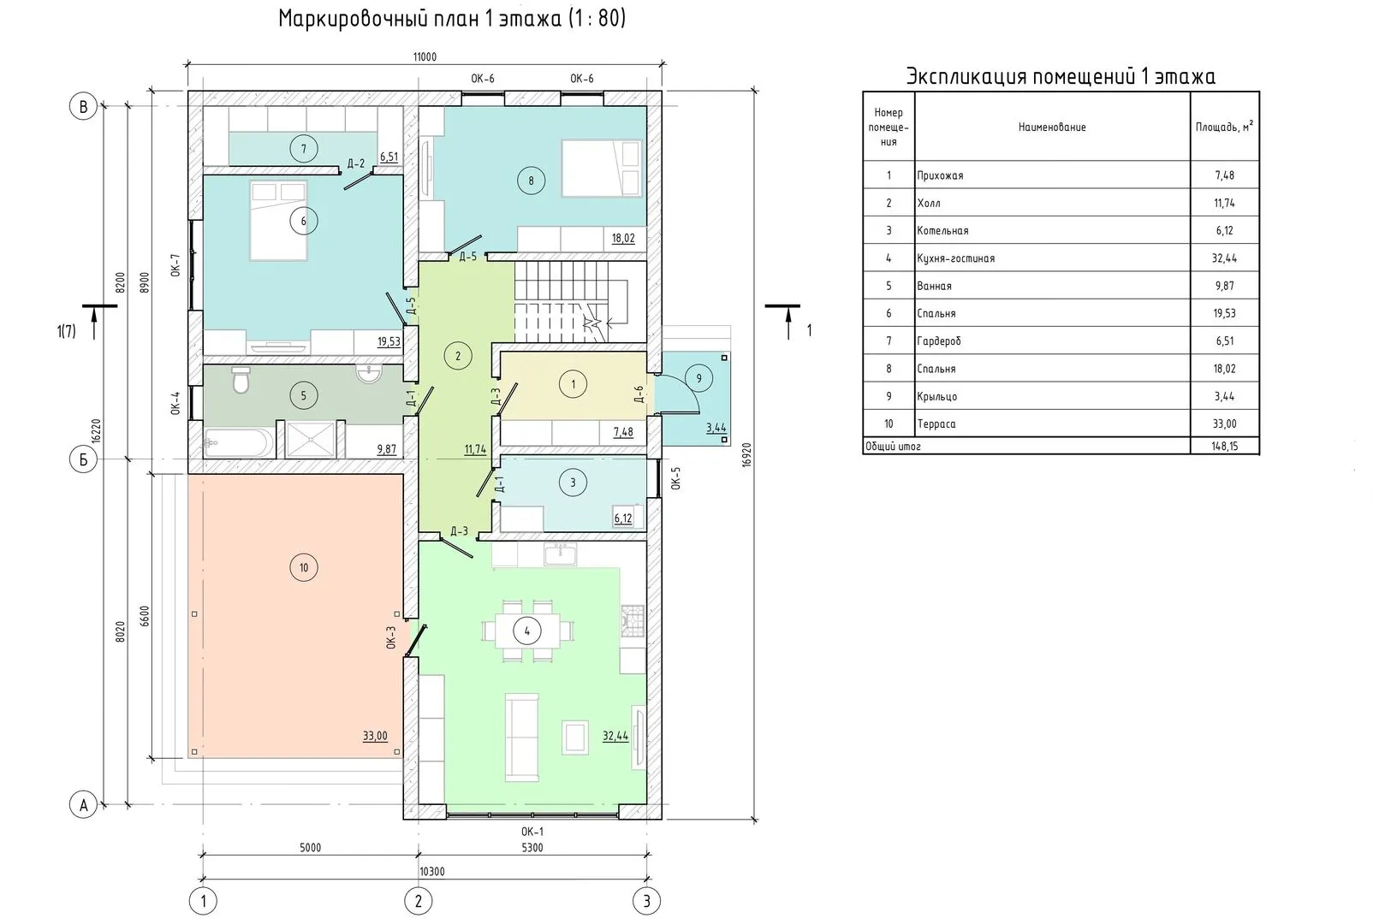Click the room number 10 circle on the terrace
coord(303,568)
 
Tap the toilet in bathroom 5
coord(241,379)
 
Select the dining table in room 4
coord(527,631)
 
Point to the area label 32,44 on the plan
coord(615,736)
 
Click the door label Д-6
coord(639,394)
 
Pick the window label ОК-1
coord(532,832)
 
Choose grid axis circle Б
coord(83,459)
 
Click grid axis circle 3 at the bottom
coord(646,902)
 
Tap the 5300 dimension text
coord(532,848)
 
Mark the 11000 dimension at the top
coord(425,57)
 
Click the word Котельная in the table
coord(942,231)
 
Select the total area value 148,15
coord(1225,446)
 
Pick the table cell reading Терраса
coord(936,424)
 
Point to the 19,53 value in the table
coord(1225,314)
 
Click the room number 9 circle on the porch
coord(698,379)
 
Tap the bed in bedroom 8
coord(602,168)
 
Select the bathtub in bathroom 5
coord(239,442)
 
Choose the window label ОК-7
coord(175,265)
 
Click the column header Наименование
coord(1052,127)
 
